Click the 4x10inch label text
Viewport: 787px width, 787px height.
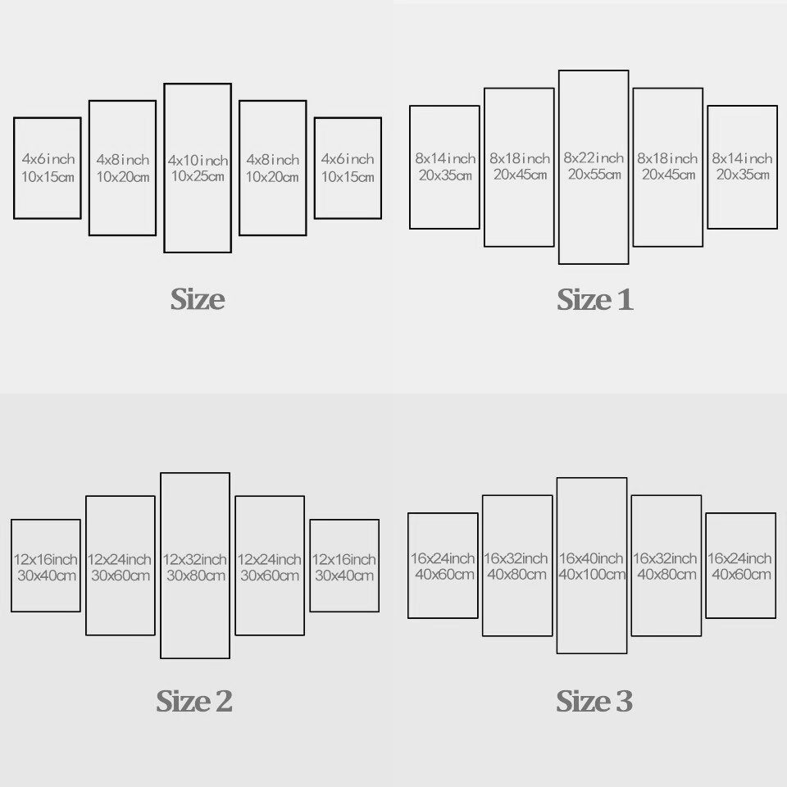tap(198, 160)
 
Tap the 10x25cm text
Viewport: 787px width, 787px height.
tap(198, 176)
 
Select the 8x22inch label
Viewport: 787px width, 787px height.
tap(594, 158)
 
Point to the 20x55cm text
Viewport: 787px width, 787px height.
tap(594, 175)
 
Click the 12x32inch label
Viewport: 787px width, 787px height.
tap(195, 560)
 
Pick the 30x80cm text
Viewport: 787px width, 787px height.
tap(195, 575)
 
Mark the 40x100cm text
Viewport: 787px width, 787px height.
tap(592, 575)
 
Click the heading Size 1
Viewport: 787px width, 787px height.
tap(595, 300)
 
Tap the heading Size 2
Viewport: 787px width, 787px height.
tap(194, 701)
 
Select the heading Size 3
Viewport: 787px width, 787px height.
tap(595, 701)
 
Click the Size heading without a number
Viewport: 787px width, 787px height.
tap(198, 299)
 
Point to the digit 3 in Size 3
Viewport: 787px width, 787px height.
tap(624, 702)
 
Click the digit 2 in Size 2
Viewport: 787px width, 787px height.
tap(223, 702)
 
